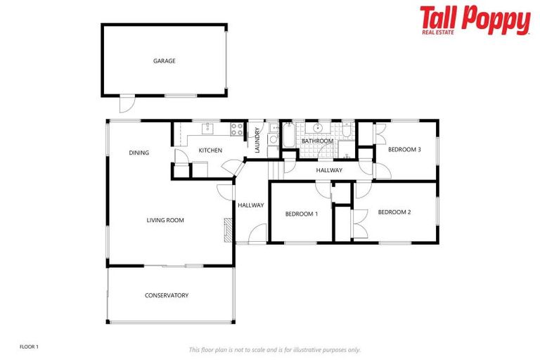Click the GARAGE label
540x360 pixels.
point(165,61)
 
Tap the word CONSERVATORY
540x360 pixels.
point(167,295)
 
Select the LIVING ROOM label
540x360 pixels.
point(165,220)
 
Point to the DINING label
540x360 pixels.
point(139,153)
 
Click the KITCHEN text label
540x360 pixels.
point(210,150)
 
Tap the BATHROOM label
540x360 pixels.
point(317,141)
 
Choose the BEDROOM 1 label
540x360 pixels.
point(302,214)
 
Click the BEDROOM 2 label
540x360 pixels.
point(394,212)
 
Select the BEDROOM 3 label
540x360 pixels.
point(405,149)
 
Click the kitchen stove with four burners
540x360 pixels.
point(237,129)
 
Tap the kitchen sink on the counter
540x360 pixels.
point(208,128)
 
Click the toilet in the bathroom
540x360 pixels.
point(347,131)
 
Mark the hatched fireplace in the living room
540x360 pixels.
point(227,229)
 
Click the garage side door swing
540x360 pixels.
point(125,103)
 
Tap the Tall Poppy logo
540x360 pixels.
point(475,20)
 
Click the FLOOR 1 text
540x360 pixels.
point(29,347)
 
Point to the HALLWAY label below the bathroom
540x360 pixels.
point(329,170)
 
